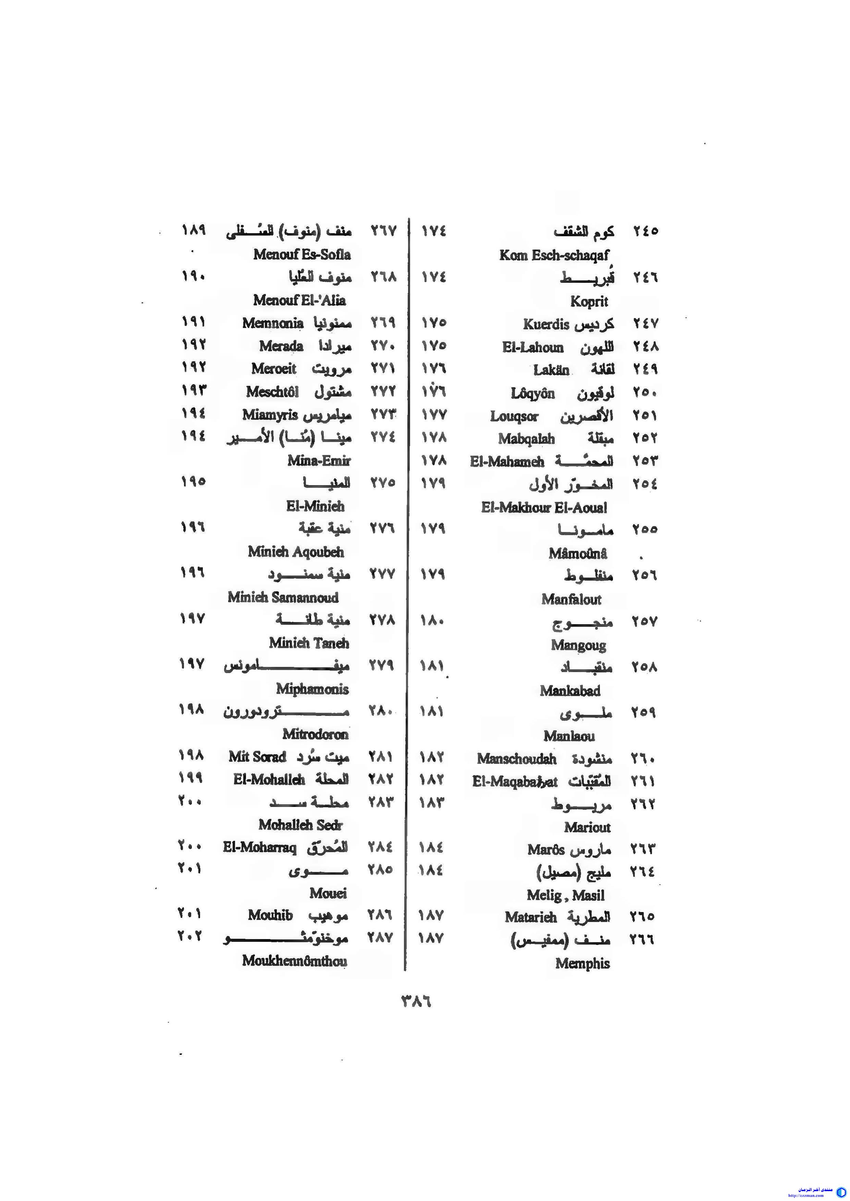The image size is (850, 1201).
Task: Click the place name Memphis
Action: point(582,963)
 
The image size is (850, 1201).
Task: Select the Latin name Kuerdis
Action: point(545,324)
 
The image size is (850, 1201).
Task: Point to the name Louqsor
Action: point(514,416)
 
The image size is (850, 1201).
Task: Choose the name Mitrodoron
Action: point(315,734)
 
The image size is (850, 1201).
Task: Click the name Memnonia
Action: point(273,323)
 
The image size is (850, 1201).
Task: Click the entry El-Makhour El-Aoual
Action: point(544,507)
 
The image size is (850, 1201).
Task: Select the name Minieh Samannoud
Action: point(283,597)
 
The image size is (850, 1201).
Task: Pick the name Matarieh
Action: point(530,917)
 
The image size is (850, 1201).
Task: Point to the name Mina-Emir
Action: point(318,461)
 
